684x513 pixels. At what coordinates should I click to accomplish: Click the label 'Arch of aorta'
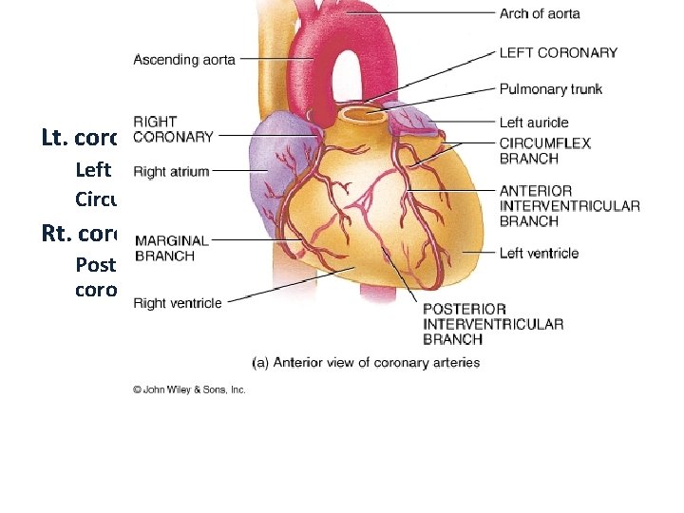(540, 14)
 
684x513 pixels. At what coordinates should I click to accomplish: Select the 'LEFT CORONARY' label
(558, 53)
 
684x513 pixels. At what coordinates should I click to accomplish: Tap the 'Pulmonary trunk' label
(551, 89)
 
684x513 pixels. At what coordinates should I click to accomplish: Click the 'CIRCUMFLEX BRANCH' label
(544, 151)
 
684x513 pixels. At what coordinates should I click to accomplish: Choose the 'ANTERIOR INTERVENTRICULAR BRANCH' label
(569, 206)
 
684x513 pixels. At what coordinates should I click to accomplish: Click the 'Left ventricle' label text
(539, 253)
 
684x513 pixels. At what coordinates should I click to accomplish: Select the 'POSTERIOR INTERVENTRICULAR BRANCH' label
(493, 324)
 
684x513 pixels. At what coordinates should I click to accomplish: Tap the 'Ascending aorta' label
(183, 60)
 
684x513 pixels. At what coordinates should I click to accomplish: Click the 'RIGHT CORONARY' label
(173, 129)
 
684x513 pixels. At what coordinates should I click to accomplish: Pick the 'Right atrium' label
(171, 172)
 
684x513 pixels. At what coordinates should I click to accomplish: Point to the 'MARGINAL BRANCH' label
(171, 248)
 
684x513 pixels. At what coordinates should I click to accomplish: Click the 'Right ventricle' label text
(178, 303)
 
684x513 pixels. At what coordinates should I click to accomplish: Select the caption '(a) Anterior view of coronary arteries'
(366, 362)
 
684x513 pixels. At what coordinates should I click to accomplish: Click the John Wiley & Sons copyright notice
(189, 389)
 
